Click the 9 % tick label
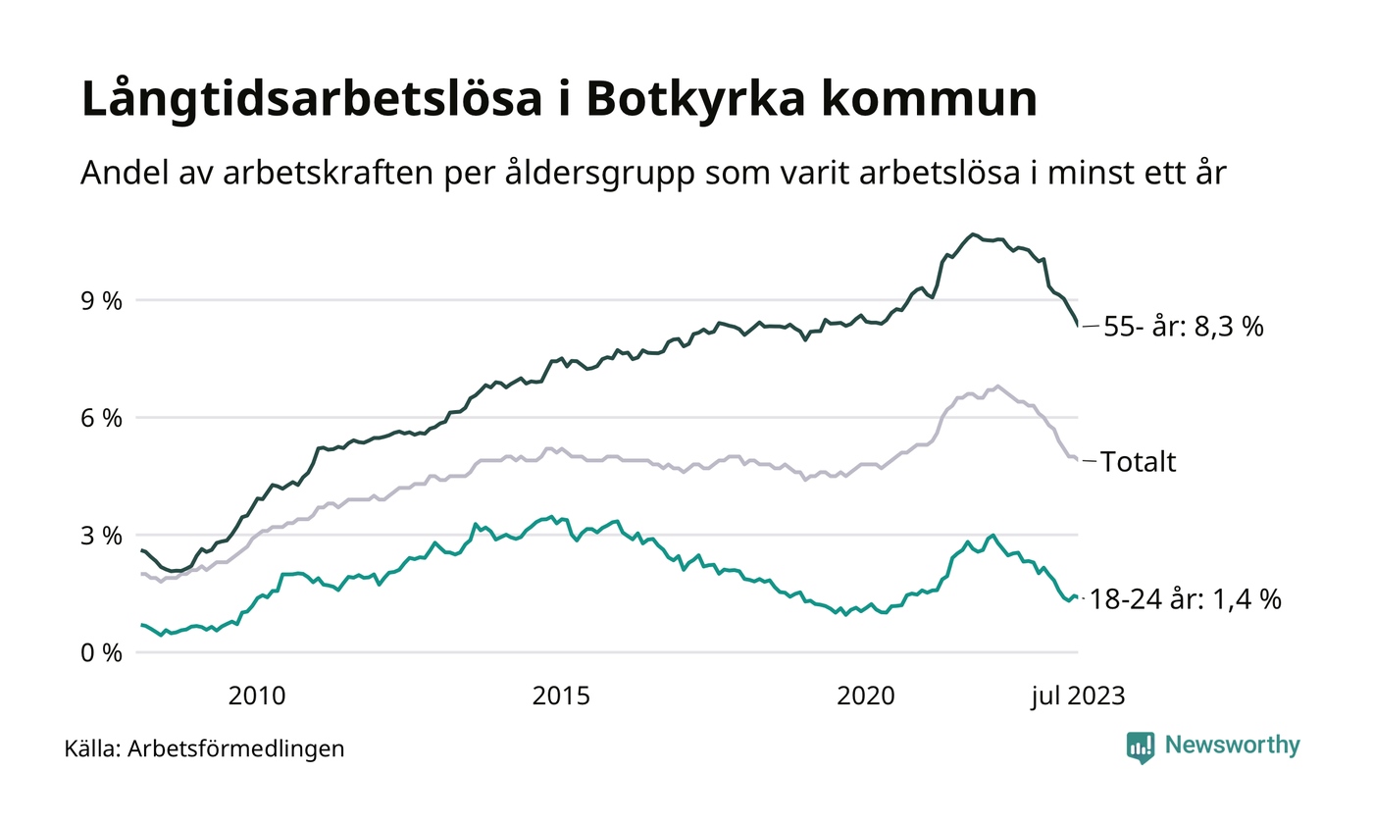103,300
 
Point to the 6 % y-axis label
103,418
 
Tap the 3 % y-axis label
103,536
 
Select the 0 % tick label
103,652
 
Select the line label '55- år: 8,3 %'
1184,327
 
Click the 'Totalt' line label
1139,462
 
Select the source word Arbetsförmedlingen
236,748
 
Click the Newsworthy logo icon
1141,747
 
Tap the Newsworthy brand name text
1233,746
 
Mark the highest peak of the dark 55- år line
972,234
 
